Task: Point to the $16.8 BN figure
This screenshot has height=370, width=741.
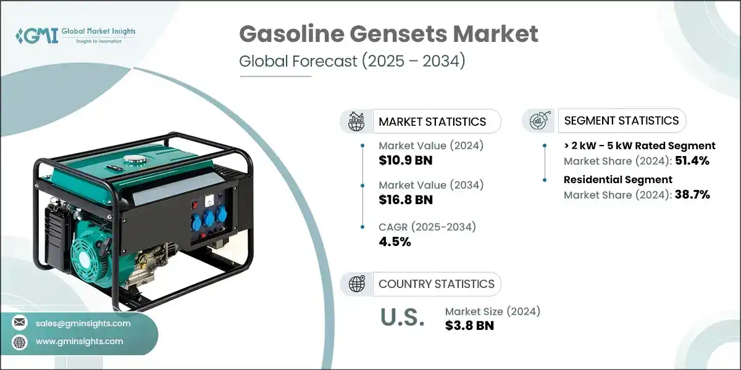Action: pos(405,200)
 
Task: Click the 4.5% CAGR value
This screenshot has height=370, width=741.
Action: pos(395,241)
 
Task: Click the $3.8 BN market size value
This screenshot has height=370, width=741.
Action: pos(469,326)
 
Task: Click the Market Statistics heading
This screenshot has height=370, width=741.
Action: pos(432,121)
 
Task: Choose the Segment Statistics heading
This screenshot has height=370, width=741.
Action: pos(621,120)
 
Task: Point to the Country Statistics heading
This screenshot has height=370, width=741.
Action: pos(436,284)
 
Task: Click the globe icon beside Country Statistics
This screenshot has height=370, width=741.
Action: pos(357,284)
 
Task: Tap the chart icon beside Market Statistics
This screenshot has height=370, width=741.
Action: pos(356,121)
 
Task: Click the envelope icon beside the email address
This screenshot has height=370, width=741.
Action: pos(20,323)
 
